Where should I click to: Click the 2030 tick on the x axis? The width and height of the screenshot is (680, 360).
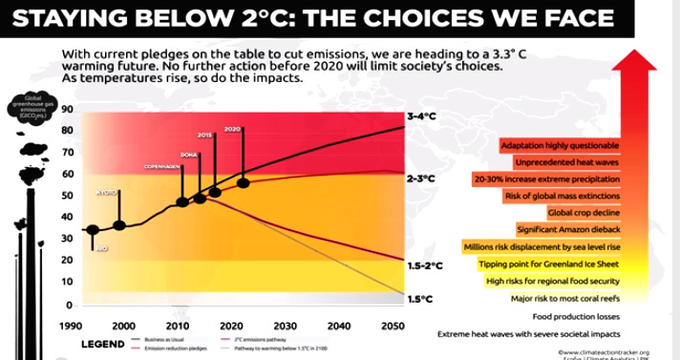(x=284, y=326)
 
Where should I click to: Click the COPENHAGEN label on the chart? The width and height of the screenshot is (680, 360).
(x=162, y=166)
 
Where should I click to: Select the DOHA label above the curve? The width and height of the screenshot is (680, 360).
(x=187, y=153)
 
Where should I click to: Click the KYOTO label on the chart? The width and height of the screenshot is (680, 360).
(x=107, y=193)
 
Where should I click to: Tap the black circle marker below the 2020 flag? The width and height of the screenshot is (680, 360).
(x=243, y=181)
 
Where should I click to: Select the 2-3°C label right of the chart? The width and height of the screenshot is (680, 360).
(x=421, y=179)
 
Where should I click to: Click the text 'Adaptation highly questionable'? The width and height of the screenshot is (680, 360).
(x=559, y=144)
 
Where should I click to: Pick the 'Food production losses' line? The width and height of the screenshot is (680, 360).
(x=569, y=316)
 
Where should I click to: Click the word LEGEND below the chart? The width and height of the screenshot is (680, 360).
(x=99, y=343)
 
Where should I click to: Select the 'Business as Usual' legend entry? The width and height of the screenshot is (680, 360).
(x=163, y=339)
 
